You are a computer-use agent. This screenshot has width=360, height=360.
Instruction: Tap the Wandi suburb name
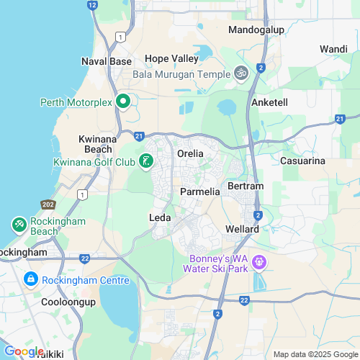point(333,48)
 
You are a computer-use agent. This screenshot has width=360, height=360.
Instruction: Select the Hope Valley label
point(171,58)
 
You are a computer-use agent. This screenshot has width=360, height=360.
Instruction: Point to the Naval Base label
point(107,61)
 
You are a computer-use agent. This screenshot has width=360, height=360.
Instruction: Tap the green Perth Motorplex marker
point(122,102)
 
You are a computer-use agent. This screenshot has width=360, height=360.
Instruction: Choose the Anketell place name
point(269,102)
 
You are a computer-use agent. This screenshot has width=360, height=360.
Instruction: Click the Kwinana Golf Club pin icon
point(146,161)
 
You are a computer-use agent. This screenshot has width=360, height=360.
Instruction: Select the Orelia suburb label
point(191,153)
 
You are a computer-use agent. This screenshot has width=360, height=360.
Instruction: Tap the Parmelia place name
point(199,192)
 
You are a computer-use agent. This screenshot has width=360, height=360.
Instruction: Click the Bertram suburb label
point(246,186)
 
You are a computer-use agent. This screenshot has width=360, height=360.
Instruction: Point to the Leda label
point(159,217)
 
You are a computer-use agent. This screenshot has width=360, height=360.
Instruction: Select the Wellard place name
point(241,229)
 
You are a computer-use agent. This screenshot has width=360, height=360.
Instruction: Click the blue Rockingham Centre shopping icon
point(31,279)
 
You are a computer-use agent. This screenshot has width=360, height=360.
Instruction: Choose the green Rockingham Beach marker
point(18,225)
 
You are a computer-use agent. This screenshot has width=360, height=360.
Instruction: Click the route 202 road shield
point(48,204)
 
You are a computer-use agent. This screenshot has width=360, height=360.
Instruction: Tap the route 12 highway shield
point(91,4)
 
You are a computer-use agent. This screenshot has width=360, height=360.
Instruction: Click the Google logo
point(24,351)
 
